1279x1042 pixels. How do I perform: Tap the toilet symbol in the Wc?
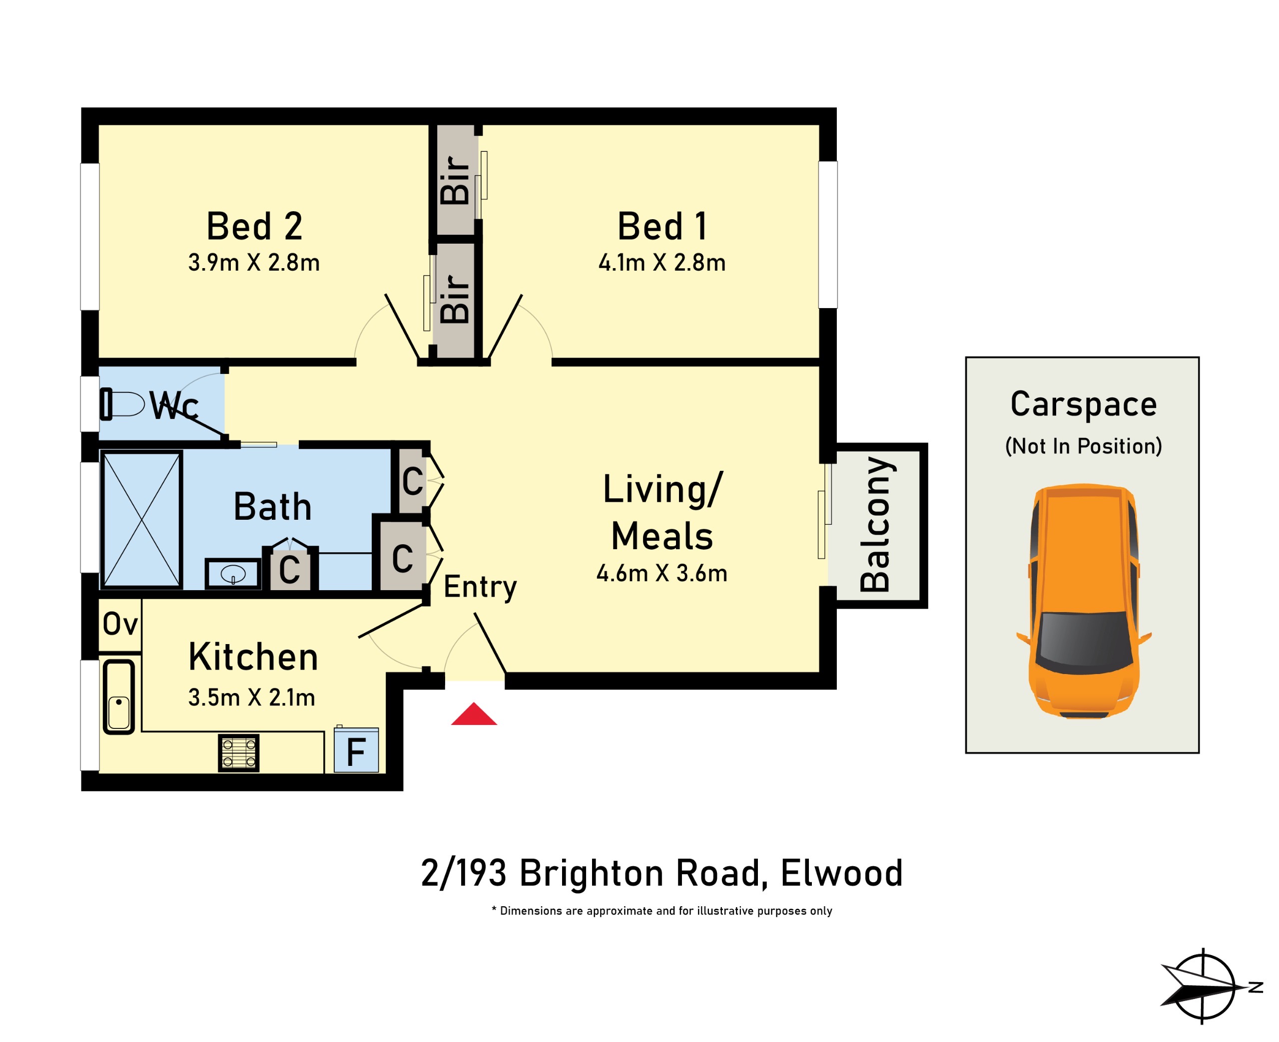click(122, 404)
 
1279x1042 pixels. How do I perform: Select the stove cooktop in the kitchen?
click(238, 753)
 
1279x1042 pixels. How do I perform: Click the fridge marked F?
click(356, 750)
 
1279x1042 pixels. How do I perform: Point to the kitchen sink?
click(119, 697)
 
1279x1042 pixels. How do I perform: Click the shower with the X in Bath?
click(141, 520)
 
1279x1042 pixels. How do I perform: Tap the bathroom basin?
click(233, 574)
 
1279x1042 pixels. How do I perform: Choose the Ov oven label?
click(120, 624)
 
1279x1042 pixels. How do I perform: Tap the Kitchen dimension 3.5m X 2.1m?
click(252, 697)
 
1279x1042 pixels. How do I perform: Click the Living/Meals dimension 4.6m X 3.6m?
click(661, 573)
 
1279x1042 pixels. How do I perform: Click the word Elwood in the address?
click(842, 873)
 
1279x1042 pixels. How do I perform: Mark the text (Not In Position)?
click(1083, 446)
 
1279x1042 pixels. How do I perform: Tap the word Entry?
click(480, 587)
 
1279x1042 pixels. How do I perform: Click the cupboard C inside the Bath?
click(289, 569)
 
